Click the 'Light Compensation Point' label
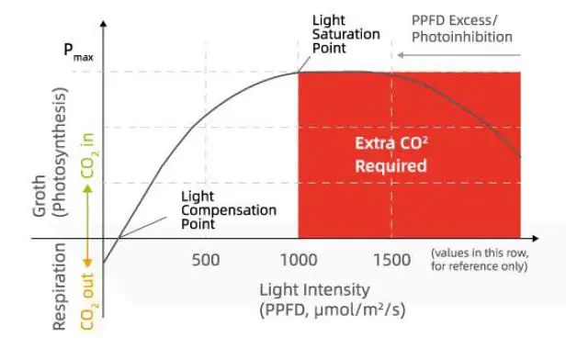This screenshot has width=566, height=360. coord(229,210)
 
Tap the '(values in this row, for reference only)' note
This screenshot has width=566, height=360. coord(479,259)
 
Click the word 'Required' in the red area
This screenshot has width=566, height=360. coord(393,166)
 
